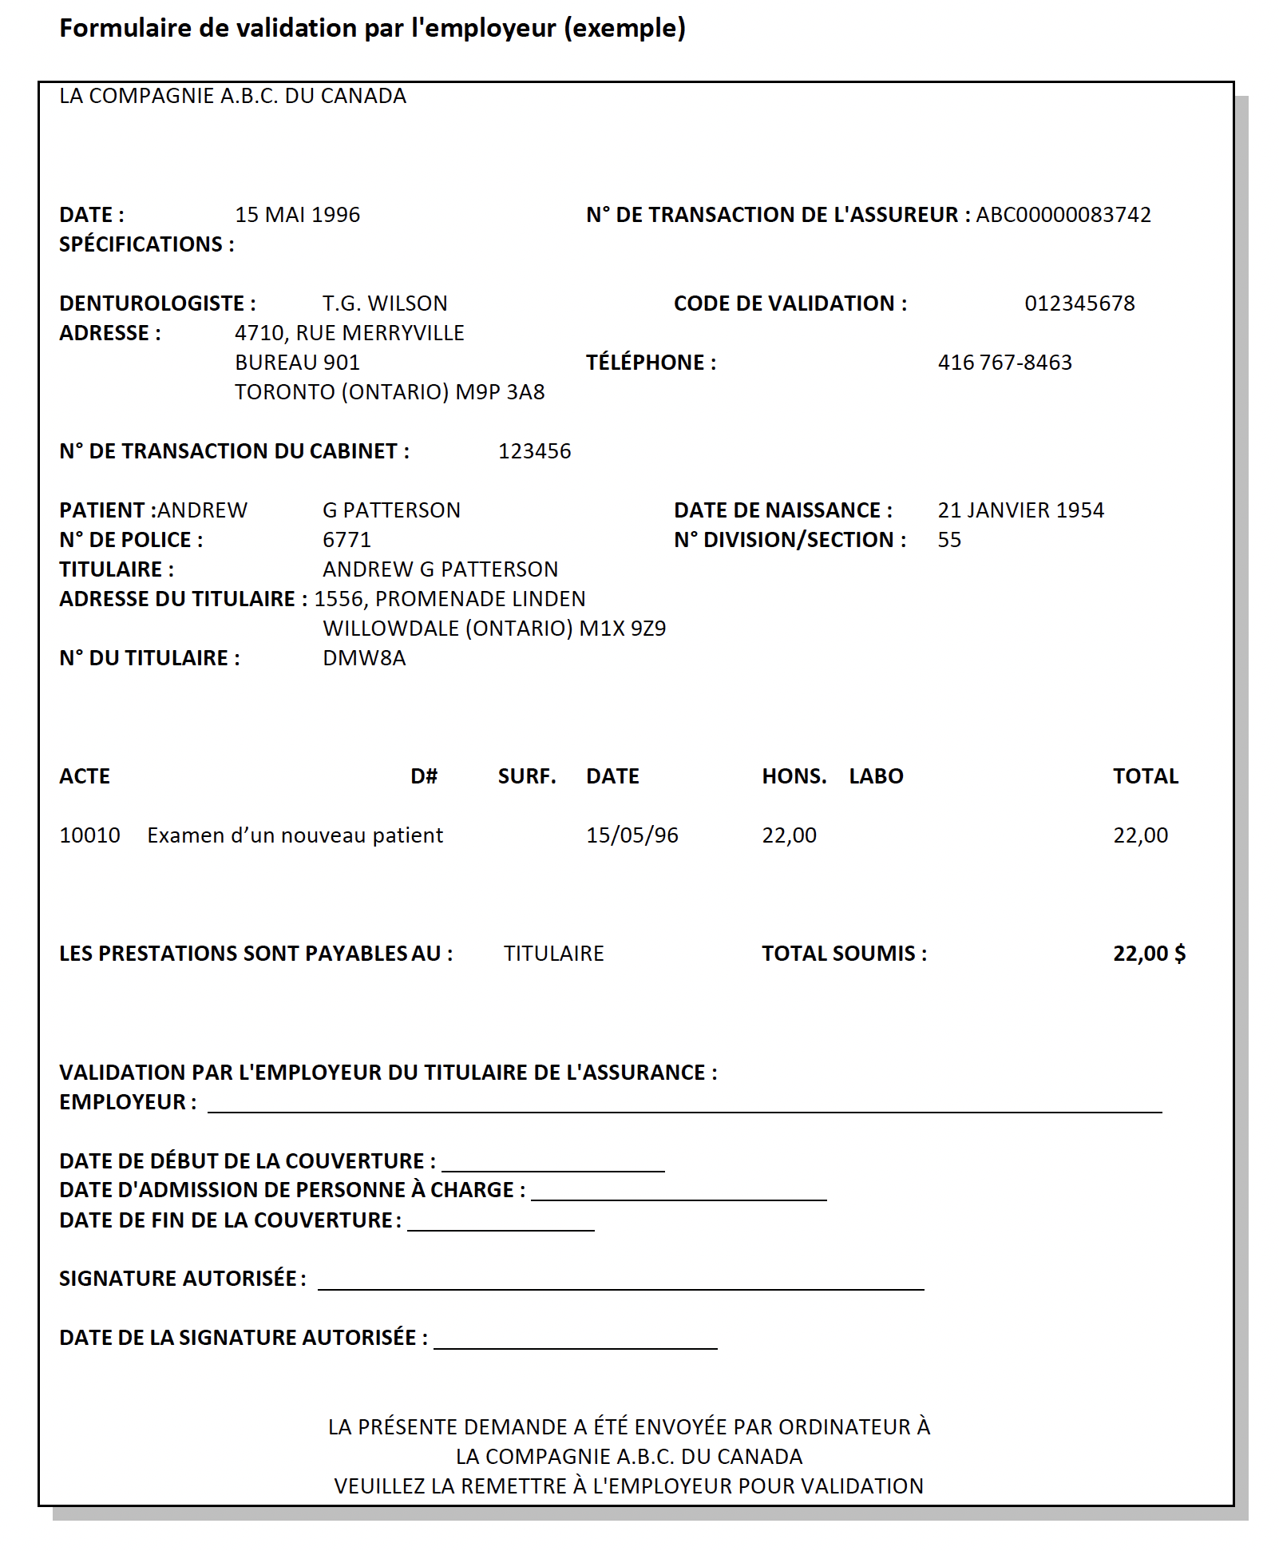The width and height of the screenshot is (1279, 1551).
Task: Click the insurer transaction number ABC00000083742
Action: point(1063,215)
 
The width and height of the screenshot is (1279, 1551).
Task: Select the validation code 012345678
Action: point(1079,303)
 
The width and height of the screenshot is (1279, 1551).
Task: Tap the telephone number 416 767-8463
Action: point(1004,363)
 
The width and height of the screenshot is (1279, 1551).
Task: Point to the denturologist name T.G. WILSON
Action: point(385,303)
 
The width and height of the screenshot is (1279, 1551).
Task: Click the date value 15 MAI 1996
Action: point(297,215)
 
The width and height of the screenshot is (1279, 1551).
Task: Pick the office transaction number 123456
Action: point(534,451)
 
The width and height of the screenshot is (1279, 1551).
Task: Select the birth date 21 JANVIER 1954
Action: point(1020,510)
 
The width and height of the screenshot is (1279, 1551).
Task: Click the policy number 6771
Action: point(346,540)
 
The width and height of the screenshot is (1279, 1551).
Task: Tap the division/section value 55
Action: point(949,540)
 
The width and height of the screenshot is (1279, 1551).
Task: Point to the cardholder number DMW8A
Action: point(364,658)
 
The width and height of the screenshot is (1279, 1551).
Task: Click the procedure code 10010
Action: point(89,835)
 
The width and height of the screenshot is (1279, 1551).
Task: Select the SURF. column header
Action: point(527,776)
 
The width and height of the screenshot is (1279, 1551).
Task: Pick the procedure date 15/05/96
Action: point(632,835)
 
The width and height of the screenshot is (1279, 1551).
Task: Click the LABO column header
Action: point(876,776)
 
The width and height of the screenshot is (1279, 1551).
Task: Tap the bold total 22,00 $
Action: point(1149,954)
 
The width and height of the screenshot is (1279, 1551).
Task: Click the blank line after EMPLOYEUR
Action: point(684,1106)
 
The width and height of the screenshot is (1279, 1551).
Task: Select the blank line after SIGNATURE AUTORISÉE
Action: point(620,1283)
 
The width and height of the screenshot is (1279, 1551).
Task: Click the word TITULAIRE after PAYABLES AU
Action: point(553,954)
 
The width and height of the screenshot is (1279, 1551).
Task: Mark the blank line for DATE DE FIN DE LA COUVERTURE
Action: point(501,1224)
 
